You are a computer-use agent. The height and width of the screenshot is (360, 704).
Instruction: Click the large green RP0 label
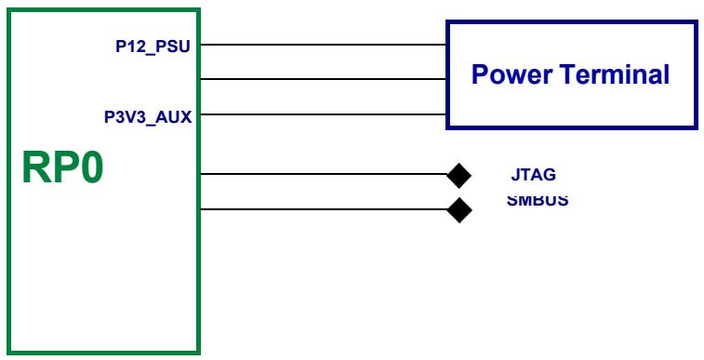click(x=63, y=167)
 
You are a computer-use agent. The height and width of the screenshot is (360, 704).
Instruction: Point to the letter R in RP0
click(x=34, y=167)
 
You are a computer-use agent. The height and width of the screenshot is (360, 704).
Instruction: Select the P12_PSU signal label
click(x=153, y=47)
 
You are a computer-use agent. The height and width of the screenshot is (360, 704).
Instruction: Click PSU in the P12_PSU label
click(x=174, y=47)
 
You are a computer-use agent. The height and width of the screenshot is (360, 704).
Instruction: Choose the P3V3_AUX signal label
click(x=148, y=117)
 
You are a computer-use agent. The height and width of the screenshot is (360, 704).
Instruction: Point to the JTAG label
click(x=534, y=174)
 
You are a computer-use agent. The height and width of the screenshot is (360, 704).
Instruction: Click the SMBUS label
click(x=538, y=200)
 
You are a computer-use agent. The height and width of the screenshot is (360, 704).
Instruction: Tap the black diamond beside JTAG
click(x=458, y=176)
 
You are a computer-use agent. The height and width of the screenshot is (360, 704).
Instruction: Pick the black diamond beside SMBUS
click(x=459, y=210)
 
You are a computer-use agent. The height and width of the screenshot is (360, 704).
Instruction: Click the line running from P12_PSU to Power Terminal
click(x=324, y=45)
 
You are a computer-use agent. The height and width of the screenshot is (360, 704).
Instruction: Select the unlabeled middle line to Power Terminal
click(x=324, y=79)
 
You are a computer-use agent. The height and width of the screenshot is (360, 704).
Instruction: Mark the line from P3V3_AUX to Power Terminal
click(x=324, y=114)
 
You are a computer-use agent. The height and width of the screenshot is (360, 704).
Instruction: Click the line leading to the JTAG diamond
click(x=325, y=174)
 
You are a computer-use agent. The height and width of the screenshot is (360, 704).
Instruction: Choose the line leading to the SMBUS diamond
click(x=325, y=208)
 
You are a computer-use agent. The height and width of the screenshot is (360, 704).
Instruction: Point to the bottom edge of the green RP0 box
click(x=104, y=353)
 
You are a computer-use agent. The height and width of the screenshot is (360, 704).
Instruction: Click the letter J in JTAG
click(x=514, y=174)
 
